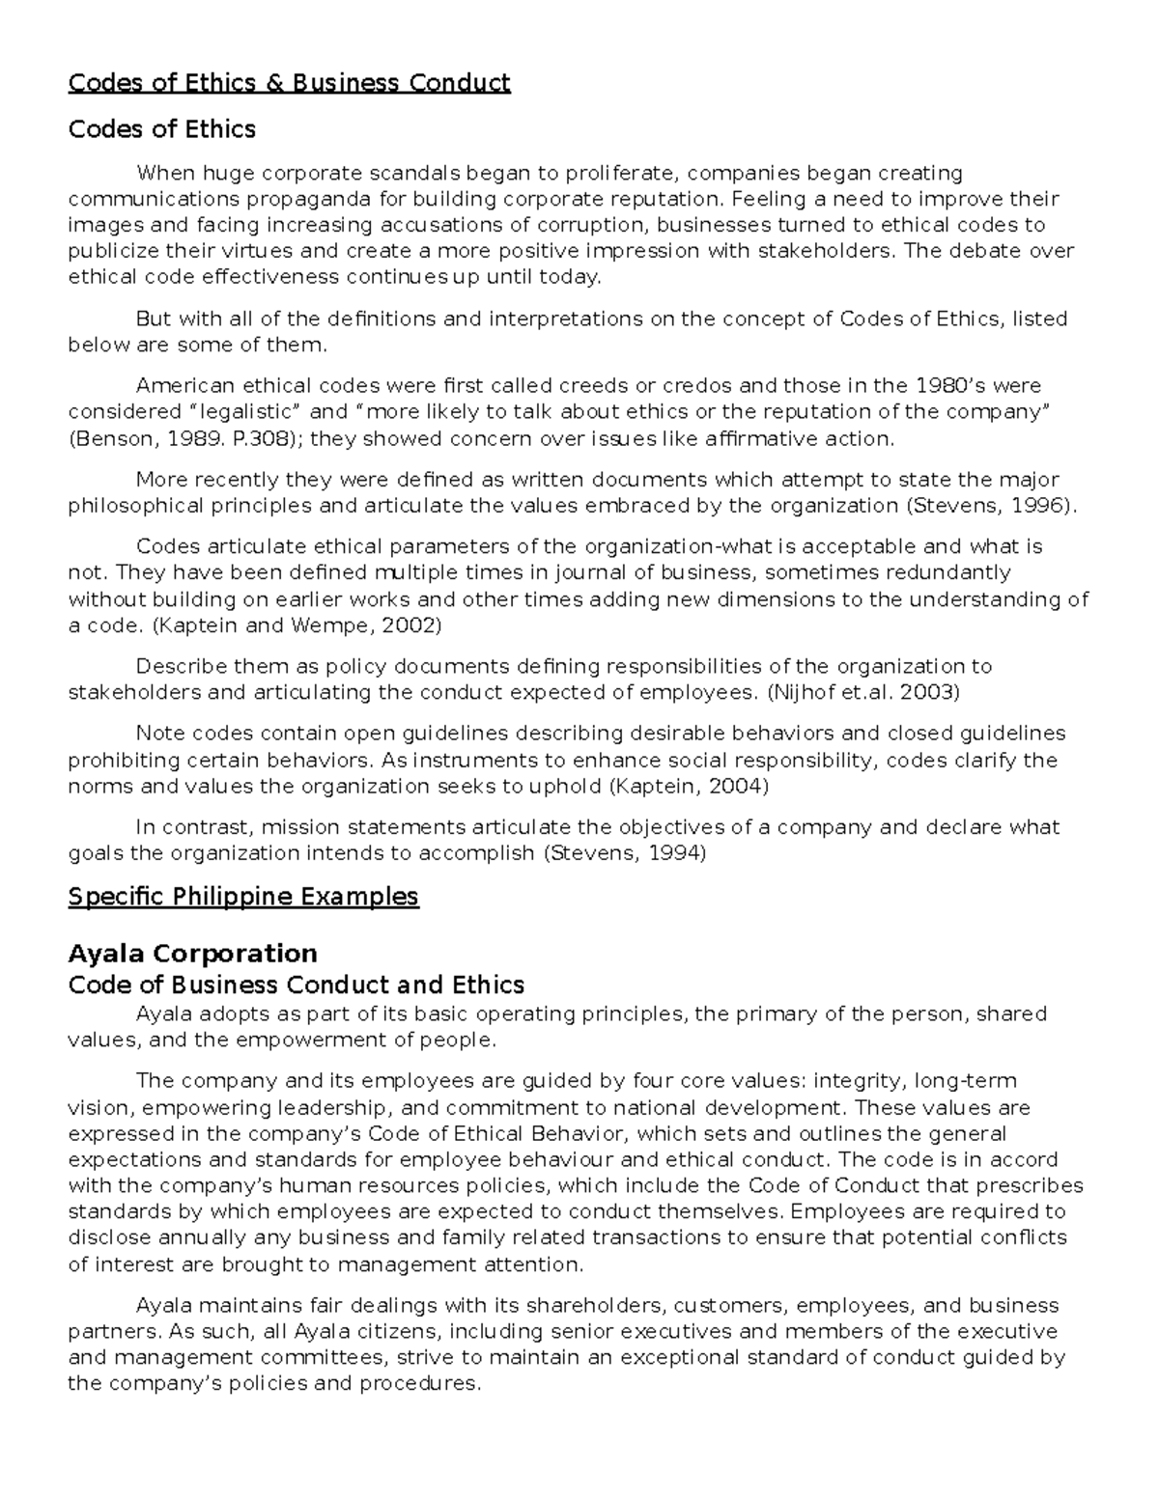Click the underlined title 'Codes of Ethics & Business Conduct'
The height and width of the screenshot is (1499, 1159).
(x=289, y=83)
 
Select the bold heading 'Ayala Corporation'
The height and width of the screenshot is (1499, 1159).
(x=192, y=954)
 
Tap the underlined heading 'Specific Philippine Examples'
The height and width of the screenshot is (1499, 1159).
(x=243, y=897)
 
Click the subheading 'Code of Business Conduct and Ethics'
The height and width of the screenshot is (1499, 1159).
(x=296, y=985)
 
